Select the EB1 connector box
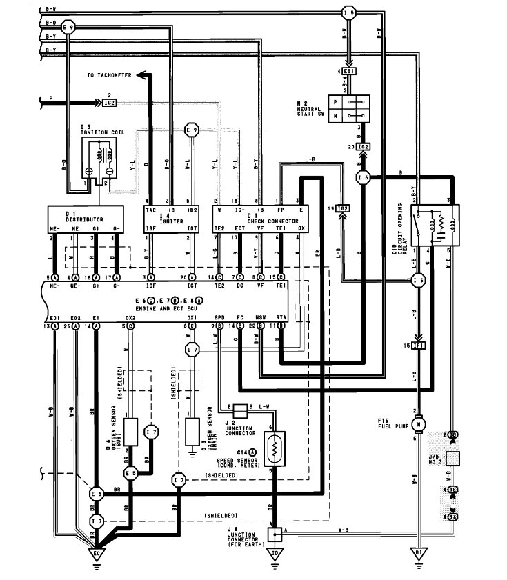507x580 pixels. tap(349, 72)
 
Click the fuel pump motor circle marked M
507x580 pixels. tap(418, 423)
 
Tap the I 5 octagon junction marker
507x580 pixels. tap(350, 12)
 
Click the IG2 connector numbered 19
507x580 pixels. tap(343, 208)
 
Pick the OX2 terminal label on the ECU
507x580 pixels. tap(129, 317)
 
